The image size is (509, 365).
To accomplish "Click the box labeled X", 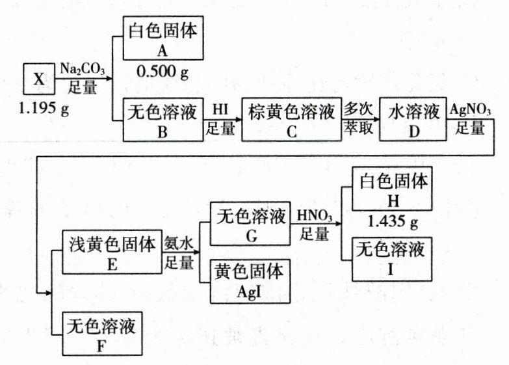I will (39, 80).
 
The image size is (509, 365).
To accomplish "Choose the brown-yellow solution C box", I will (291, 119).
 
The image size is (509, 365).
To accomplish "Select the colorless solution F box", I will (101, 334).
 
